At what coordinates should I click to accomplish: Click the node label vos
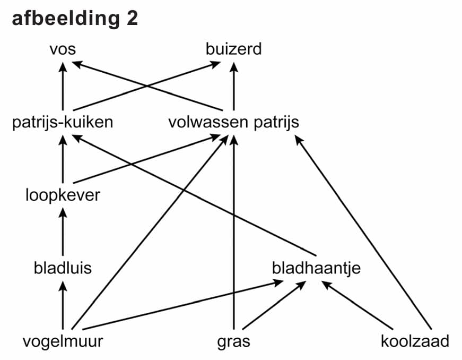63,50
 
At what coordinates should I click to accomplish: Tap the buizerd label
233,50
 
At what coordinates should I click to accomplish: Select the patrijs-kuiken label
63,123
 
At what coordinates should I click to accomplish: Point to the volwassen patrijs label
233,123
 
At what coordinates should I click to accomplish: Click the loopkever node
63,195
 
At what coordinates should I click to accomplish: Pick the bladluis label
63,268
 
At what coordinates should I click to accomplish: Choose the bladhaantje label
316,268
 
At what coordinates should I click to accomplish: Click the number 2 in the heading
132,19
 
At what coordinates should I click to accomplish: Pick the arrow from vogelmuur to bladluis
63,305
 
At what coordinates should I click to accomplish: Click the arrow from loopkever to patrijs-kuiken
63,159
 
